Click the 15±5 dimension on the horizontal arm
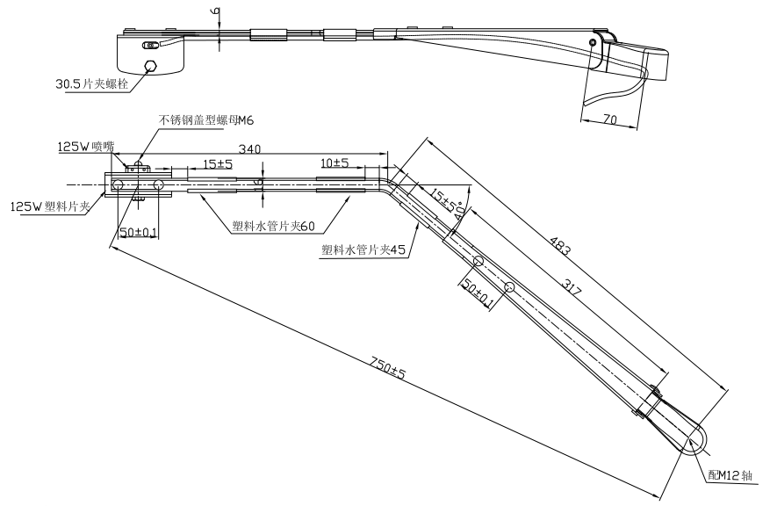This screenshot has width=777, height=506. tap(218, 163)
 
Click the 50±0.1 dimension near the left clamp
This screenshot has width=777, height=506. tap(140, 232)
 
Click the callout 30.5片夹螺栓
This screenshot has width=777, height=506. tap(90, 85)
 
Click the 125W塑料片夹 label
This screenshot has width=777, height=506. tap(49, 207)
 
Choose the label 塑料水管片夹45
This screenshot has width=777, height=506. tap(363, 249)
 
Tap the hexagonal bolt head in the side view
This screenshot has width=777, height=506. tap(150, 66)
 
